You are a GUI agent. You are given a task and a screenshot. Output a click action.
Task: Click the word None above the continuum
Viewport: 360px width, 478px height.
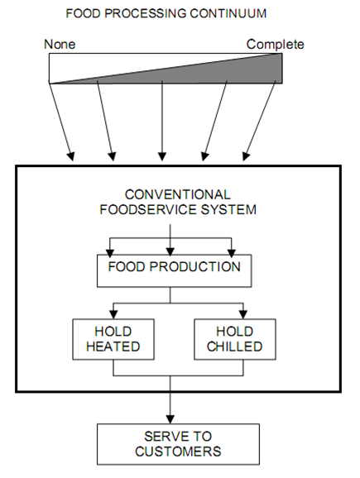pos(60,45)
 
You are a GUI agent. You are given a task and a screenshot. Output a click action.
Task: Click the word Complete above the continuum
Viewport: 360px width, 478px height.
pos(276,45)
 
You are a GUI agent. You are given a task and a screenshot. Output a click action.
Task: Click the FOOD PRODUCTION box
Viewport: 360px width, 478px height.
pos(174,270)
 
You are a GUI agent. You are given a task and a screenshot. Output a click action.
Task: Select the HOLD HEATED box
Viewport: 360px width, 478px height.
pos(113,339)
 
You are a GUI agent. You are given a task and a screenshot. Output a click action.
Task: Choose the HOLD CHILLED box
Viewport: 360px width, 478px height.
pos(235,339)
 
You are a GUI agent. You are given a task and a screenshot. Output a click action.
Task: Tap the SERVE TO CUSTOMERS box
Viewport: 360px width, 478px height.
pos(178,444)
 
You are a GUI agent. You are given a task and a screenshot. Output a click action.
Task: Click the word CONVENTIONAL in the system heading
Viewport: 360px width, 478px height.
pos(178,195)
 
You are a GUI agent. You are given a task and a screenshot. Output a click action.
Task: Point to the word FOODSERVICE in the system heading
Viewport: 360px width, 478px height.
pos(148,210)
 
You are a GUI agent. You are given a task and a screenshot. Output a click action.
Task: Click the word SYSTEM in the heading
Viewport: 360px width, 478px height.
pos(228,210)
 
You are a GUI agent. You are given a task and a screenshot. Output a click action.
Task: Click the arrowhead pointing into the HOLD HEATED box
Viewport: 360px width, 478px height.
pos(113,314)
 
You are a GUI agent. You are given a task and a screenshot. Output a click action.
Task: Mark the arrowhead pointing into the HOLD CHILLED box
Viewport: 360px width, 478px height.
pos(243,314)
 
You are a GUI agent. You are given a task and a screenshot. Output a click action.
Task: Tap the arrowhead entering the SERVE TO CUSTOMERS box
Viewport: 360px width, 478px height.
pos(170,419)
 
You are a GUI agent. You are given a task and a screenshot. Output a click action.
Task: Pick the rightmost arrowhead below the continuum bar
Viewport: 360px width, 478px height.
pos(246,156)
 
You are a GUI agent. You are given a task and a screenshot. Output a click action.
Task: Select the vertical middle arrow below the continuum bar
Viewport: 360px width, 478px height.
pos(162,121)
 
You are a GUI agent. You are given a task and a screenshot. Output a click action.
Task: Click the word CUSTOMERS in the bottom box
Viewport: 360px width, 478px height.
pos(178,452)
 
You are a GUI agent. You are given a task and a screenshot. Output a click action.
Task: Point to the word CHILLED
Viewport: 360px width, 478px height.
pos(234,347)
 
